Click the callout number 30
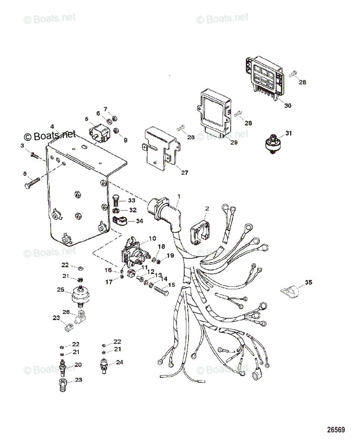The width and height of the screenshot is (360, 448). [x=288, y=106]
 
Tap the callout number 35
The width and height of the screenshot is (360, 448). [x=308, y=283]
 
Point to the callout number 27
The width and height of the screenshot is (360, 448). [x=184, y=172]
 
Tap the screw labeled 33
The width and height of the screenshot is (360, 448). [x=115, y=202]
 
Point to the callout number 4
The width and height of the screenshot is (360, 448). [x=52, y=126]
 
